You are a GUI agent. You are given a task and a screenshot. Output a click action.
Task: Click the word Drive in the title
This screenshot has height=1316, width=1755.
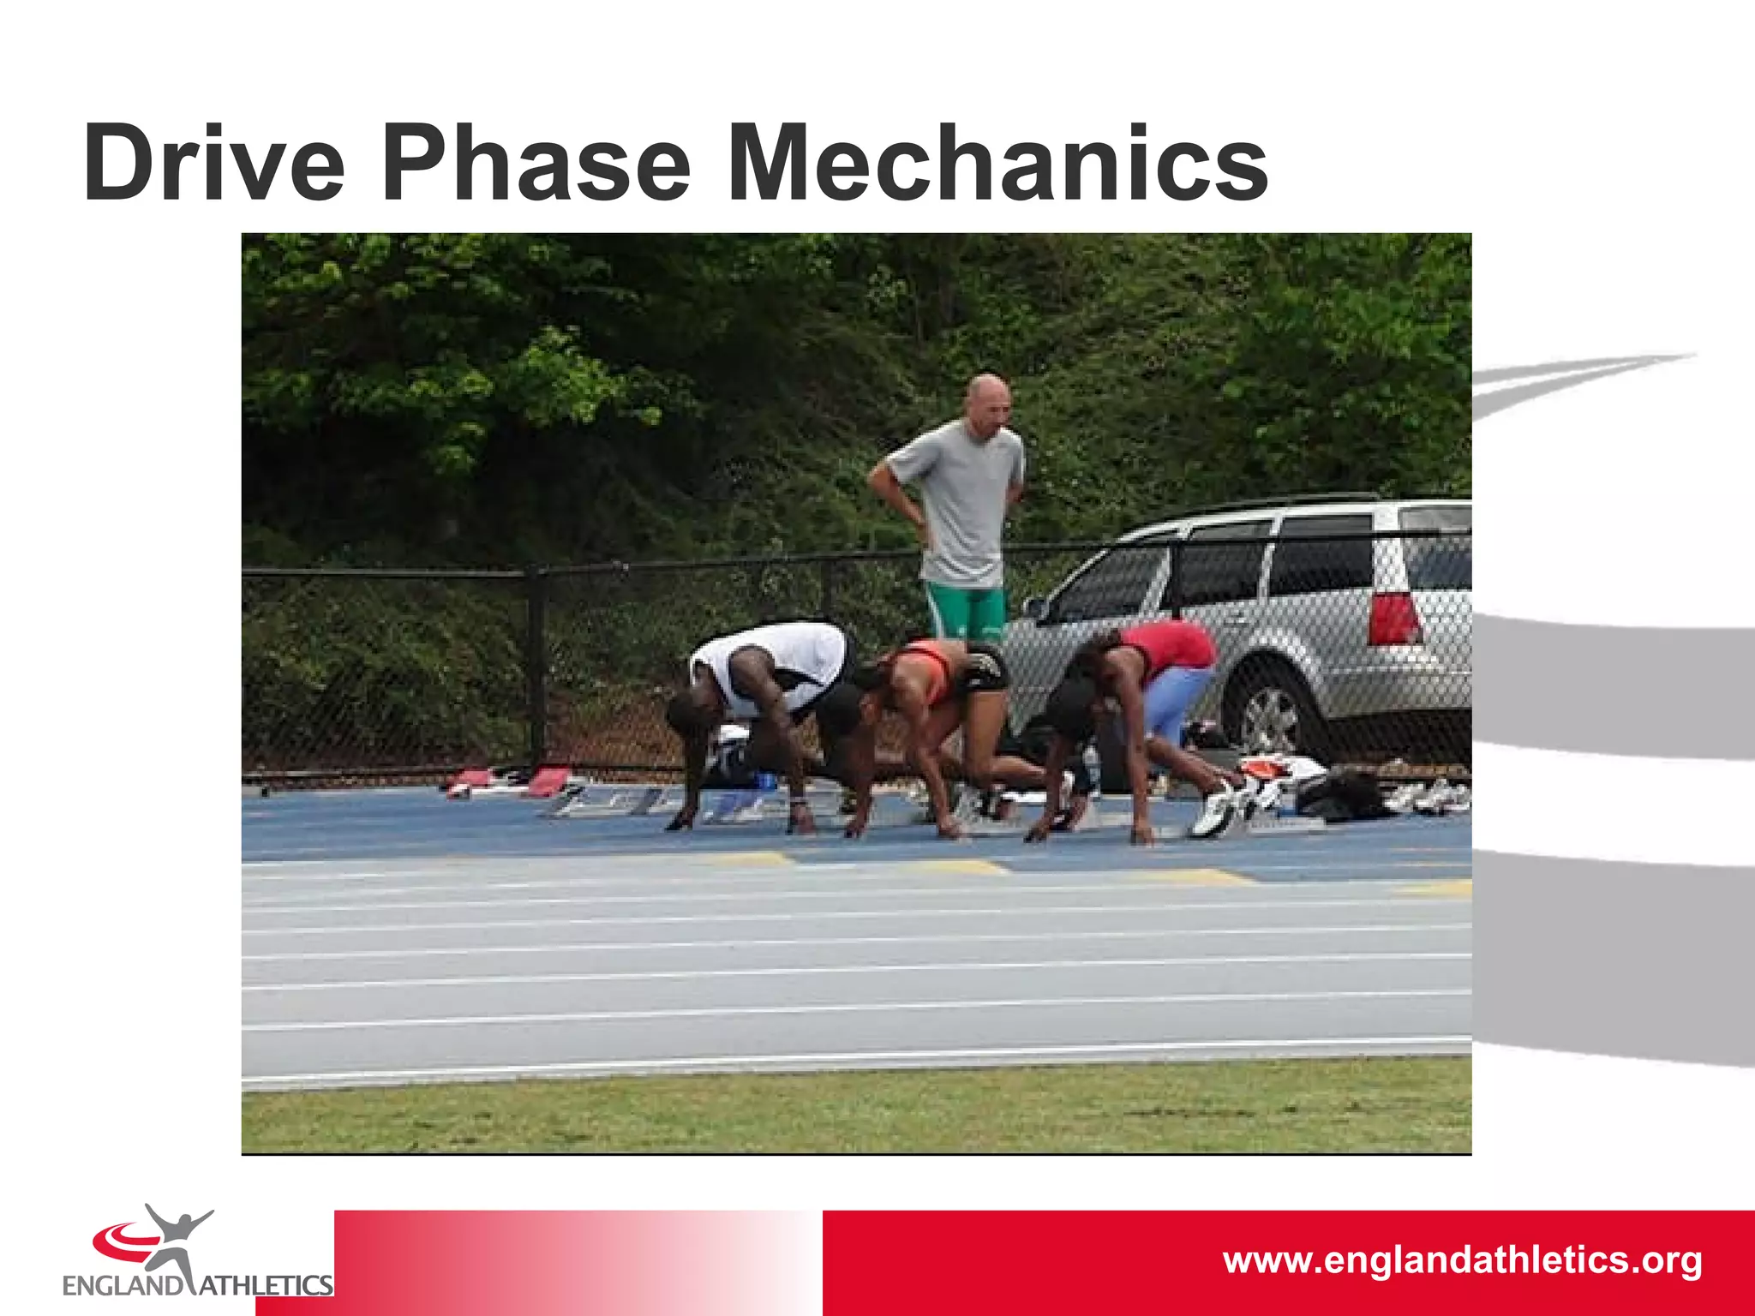[x=214, y=163]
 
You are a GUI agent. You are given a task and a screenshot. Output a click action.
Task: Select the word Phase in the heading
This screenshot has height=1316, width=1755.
[x=536, y=163]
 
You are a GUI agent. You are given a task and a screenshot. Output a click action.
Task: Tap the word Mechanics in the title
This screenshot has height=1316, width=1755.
[x=998, y=163]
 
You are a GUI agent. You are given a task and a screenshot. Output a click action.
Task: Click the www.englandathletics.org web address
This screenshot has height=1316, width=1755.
[x=1462, y=1260]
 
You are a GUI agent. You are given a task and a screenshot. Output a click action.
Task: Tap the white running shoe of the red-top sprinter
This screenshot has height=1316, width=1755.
[x=1213, y=810]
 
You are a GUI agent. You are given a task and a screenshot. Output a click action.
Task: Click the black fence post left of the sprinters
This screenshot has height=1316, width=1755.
[x=537, y=668]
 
